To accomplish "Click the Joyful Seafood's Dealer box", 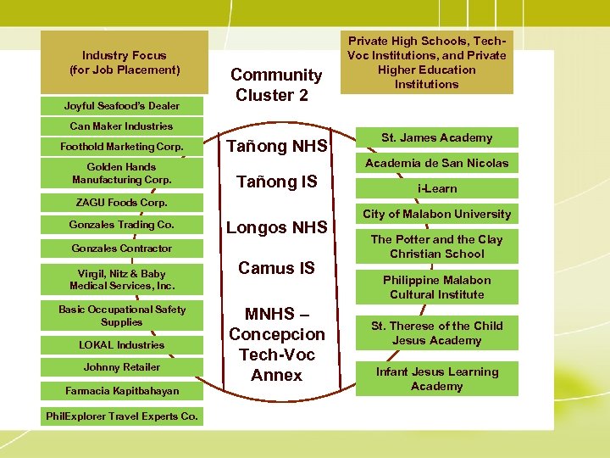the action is (122, 106).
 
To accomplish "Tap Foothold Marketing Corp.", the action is (122, 147).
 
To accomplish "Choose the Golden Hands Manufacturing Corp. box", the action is (122, 173).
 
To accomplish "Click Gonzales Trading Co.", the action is (122, 225).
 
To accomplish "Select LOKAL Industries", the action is (122, 345).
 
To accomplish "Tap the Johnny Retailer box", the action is (122, 367).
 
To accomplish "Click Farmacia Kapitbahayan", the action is (122, 391).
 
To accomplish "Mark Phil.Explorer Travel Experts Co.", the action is (122, 416).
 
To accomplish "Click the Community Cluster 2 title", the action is (276, 85).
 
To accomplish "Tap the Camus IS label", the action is (276, 269).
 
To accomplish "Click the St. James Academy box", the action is (436, 137).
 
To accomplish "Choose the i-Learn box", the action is (436, 188).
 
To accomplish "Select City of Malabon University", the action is (436, 214).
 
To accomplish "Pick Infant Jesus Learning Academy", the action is (436, 379).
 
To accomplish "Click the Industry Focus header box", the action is (125, 63).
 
